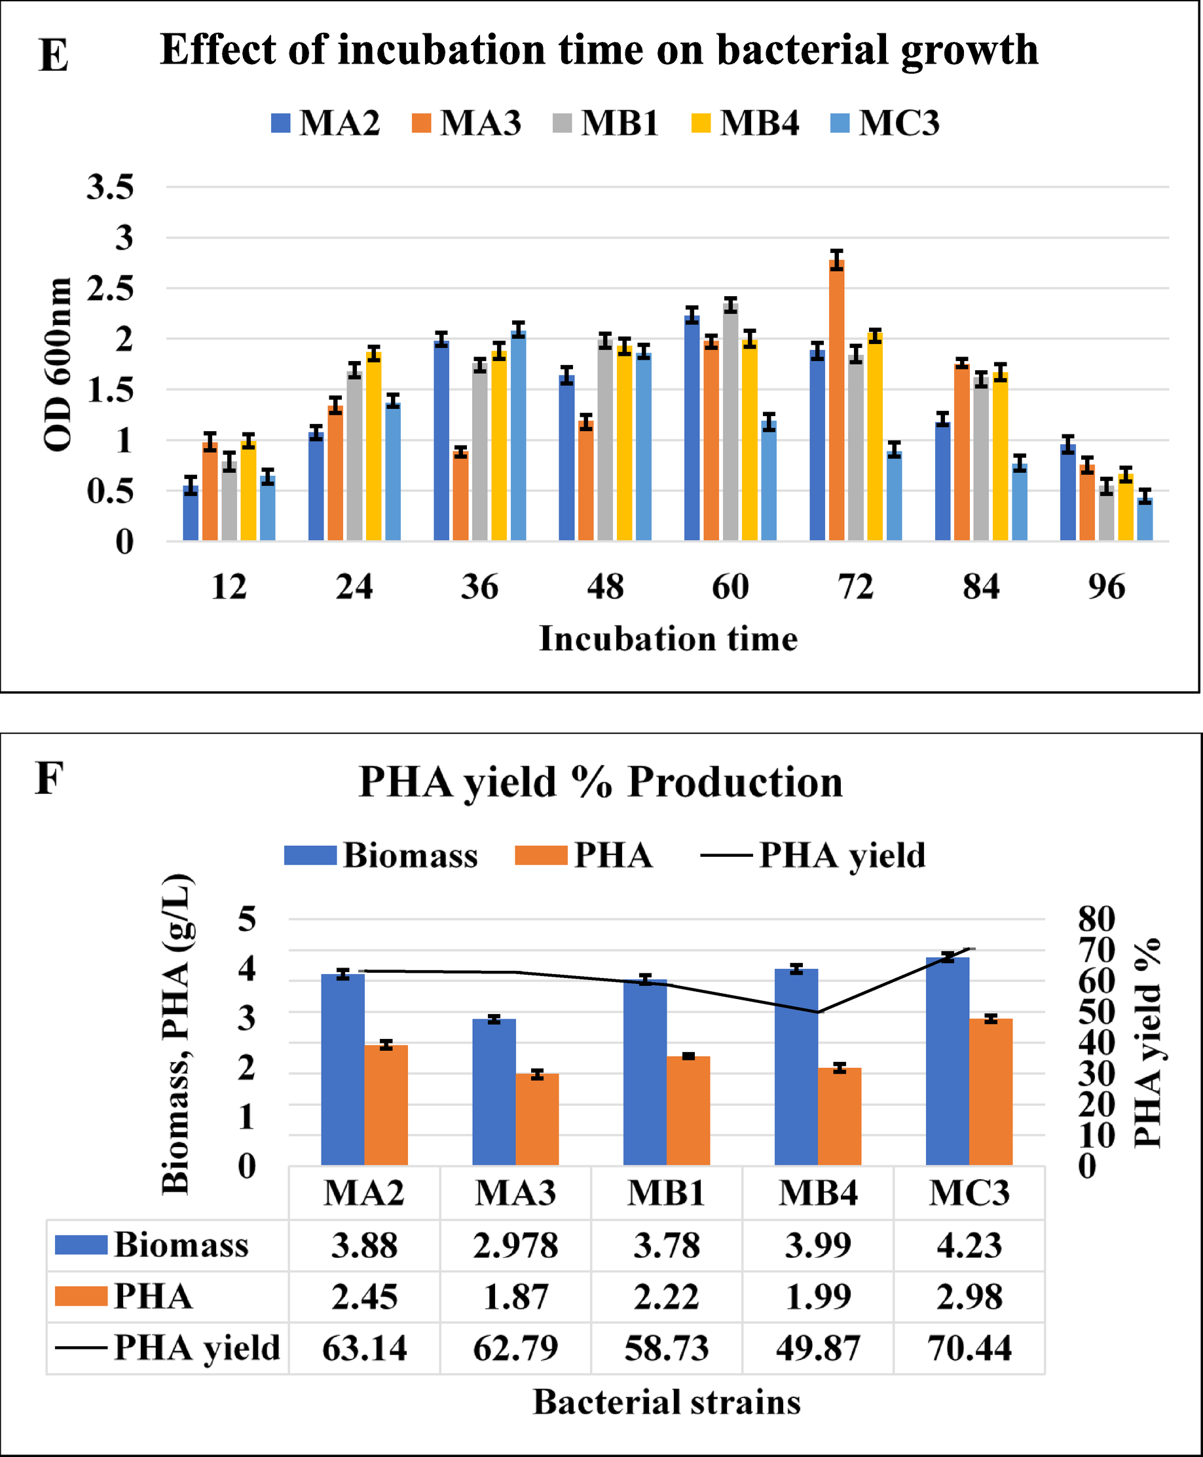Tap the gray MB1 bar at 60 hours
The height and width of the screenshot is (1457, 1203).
click(730, 422)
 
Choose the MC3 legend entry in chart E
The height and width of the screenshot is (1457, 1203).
click(885, 123)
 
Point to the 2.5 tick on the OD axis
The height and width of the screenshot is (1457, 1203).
click(110, 289)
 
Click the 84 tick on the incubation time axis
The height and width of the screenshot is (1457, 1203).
click(980, 587)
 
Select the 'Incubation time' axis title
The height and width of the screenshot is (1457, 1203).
click(668, 638)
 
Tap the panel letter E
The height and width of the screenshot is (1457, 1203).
click(53, 56)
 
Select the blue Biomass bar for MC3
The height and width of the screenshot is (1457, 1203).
click(948, 1061)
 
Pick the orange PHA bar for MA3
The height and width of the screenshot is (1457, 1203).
click(537, 1120)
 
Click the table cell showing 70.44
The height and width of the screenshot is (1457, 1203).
click(969, 1348)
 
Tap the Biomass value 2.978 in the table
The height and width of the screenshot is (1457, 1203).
click(515, 1245)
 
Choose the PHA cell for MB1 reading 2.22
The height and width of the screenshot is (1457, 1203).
click(667, 1297)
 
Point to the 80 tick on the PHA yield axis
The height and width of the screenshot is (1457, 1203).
click(1096, 919)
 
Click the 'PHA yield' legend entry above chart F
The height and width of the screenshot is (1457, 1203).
click(813, 856)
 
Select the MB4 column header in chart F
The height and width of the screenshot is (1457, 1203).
click(818, 1193)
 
